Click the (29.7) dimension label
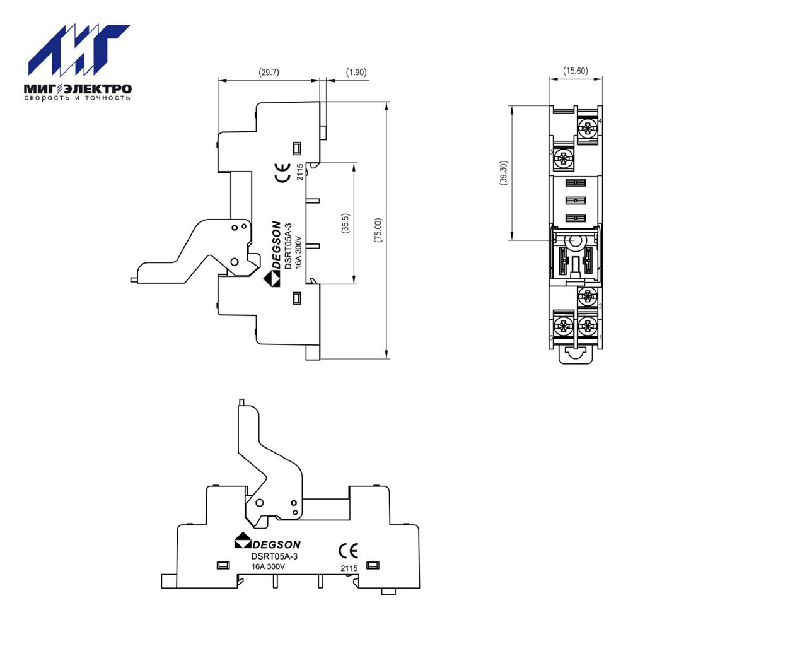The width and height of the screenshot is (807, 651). tap(269, 72)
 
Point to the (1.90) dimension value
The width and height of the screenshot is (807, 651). tap(356, 72)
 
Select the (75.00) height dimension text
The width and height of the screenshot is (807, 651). tap(379, 230)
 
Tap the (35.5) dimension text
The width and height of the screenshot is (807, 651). tap(345, 224)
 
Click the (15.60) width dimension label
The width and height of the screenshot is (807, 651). tap(576, 71)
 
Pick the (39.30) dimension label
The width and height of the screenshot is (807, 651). tap(503, 172)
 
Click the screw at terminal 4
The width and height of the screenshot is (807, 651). tap(586, 129)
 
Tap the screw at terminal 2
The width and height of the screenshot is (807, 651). tap(586, 296)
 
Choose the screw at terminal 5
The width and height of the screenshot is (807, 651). tap(562, 326)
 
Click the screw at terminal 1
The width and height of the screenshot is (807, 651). tap(586, 326)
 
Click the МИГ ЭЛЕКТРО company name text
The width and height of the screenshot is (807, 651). tap(78, 89)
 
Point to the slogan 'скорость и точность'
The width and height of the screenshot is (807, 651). tap(78, 98)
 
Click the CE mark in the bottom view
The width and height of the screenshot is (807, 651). tap(348, 551)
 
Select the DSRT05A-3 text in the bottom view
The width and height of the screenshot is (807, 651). tap(274, 556)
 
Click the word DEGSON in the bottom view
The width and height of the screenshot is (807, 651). tap(277, 544)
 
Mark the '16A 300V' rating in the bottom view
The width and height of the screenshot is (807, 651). tap(268, 566)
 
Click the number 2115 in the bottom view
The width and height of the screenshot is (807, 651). tap(349, 568)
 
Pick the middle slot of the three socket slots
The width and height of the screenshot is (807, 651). tap(576, 201)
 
